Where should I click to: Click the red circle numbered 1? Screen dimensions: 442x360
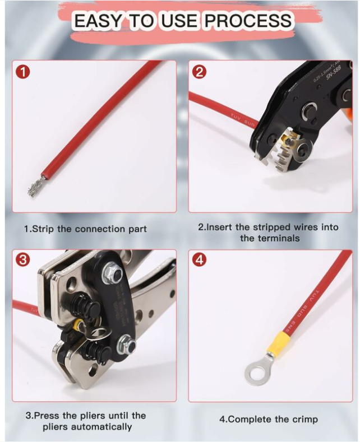[22, 72]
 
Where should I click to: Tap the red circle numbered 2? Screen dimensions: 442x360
[199, 72]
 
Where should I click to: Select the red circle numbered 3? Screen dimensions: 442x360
[22, 260]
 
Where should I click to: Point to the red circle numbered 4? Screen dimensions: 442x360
[199, 260]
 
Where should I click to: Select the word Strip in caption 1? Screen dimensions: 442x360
[43, 229]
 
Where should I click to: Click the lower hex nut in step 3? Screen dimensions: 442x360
[125, 345]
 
